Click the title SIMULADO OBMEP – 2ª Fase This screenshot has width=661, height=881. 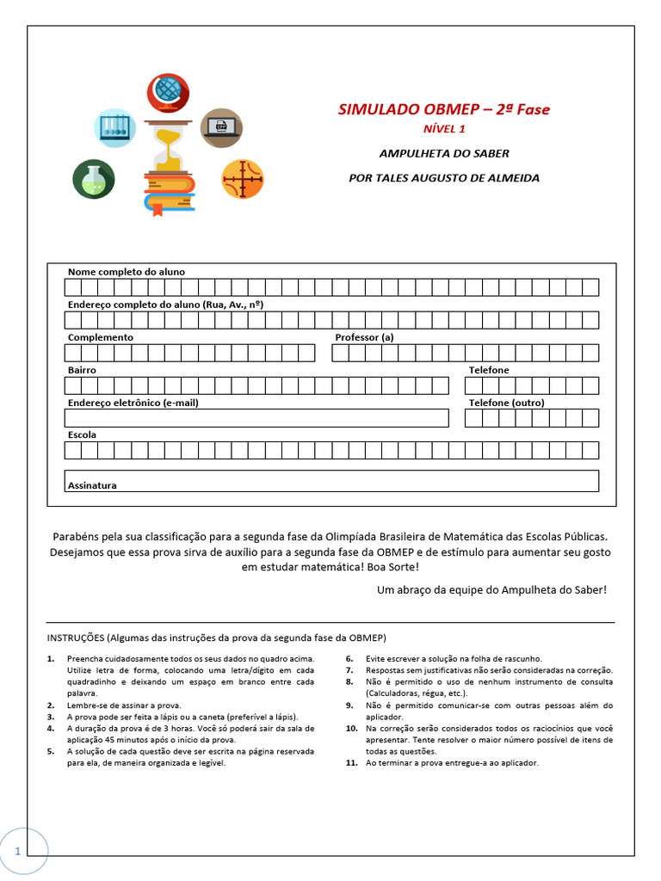click(443, 109)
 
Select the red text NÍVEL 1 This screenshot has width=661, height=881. click(443, 129)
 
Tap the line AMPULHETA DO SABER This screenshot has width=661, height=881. click(444, 153)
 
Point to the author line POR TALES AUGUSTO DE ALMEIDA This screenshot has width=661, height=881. click(443, 178)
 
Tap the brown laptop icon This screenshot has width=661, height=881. click(221, 129)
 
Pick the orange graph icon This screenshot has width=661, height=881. click(243, 180)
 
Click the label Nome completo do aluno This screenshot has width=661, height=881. click(126, 272)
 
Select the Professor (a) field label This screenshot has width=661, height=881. click(364, 337)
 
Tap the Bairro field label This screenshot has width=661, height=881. click(82, 370)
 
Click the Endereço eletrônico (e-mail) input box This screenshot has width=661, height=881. click(256, 418)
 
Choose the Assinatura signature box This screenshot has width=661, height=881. click(331, 481)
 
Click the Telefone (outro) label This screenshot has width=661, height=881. click(506, 403)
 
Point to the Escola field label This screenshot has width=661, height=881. click(82, 435)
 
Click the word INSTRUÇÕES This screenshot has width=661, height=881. click(75, 638)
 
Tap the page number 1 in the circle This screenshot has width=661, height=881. click(17, 850)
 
